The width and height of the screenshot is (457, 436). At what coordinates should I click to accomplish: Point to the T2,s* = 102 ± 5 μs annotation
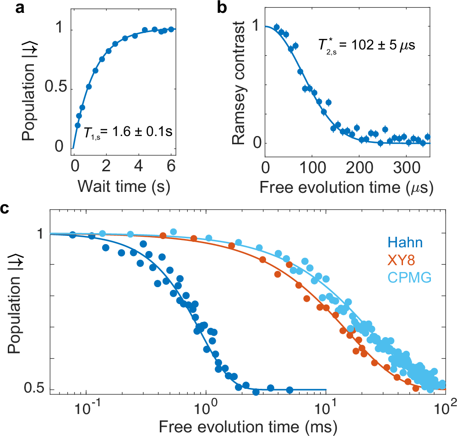[x=366, y=46]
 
